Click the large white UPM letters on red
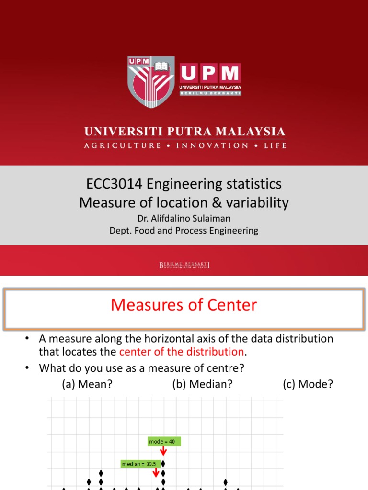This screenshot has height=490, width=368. coord(210,73)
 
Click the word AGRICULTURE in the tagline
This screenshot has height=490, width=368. coord(123,145)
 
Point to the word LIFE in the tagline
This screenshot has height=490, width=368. coord(275,145)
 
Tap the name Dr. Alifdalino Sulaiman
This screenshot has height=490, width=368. coord(184,219)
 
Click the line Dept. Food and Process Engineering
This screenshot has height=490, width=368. coord(184,231)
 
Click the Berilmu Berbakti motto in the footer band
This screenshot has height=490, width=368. coord(184,265)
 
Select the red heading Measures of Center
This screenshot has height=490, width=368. coord(184,305)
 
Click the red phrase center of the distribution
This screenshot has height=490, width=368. coord(182,352)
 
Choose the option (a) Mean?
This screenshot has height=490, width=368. coord(87,384)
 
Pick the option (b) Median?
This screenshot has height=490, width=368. coord(202,384)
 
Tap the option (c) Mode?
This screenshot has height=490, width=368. coord(308,384)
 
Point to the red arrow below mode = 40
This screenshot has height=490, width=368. coord(163,452)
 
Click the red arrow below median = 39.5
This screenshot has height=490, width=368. coord(156,473)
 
